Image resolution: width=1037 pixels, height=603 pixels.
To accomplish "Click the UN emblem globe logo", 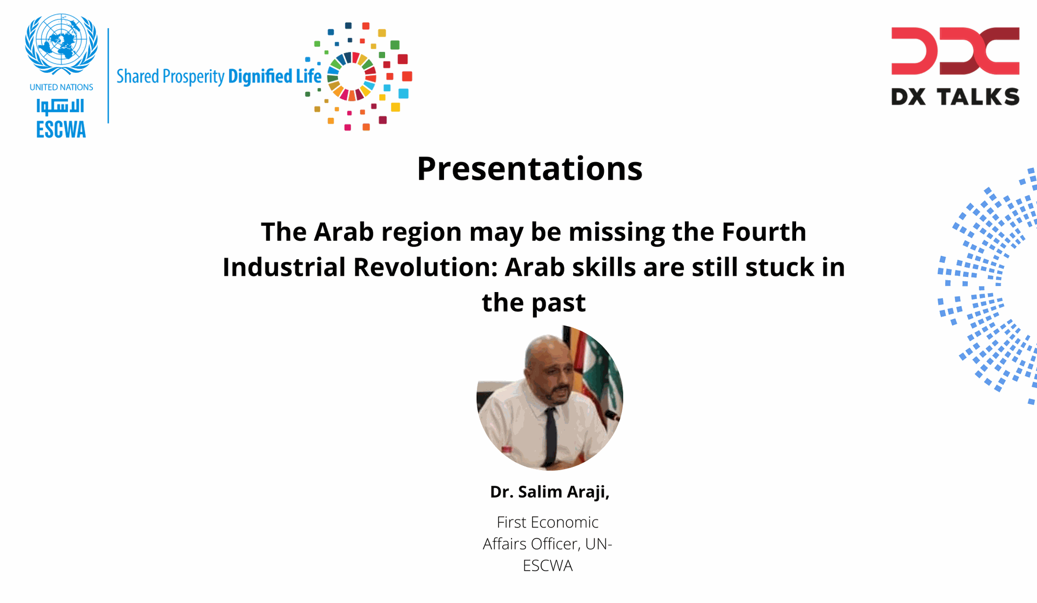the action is [x=62, y=44].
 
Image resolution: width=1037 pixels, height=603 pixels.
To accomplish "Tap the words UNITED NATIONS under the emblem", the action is [x=62, y=87].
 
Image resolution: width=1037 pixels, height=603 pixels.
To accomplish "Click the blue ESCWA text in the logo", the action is [x=61, y=130].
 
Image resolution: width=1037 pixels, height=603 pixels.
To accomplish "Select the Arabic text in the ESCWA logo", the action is [x=60, y=106].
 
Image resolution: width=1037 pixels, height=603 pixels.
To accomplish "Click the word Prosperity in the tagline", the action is [x=193, y=77].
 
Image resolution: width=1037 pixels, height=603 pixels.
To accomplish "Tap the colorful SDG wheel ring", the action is [x=352, y=76].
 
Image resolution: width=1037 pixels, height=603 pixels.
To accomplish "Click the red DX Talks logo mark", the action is [x=955, y=51].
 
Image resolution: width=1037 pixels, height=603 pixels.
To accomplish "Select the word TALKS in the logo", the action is [x=978, y=97].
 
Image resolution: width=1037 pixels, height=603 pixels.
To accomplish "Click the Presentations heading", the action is [x=530, y=168].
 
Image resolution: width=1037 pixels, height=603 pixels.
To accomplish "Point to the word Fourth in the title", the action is [x=764, y=232].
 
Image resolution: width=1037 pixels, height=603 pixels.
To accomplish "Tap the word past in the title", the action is [x=559, y=303].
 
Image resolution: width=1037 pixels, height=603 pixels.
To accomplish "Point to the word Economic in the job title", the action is [x=564, y=522].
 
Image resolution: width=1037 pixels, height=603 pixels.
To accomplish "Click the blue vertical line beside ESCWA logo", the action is [x=109, y=76].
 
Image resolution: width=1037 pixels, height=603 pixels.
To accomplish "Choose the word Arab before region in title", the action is [x=344, y=232].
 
